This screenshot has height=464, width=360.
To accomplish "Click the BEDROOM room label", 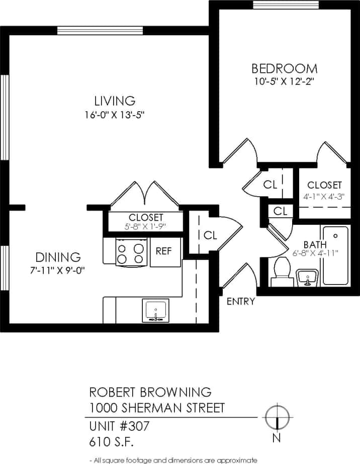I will pyautogui.click(x=284, y=68).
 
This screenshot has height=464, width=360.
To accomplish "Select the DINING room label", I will pyautogui.click(x=56, y=257).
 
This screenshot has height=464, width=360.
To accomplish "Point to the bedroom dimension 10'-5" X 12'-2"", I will pyautogui.click(x=285, y=80).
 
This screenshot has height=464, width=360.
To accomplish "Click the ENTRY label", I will pyautogui.click(x=241, y=302).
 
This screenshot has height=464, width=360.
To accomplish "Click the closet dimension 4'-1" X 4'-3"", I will pyautogui.click(x=324, y=197).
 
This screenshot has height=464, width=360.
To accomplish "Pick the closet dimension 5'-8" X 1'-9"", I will pyautogui.click(x=145, y=226).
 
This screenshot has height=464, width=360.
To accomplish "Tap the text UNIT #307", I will pyautogui.click(x=119, y=426).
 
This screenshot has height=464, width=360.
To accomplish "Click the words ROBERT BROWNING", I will pyautogui.click(x=150, y=392).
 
